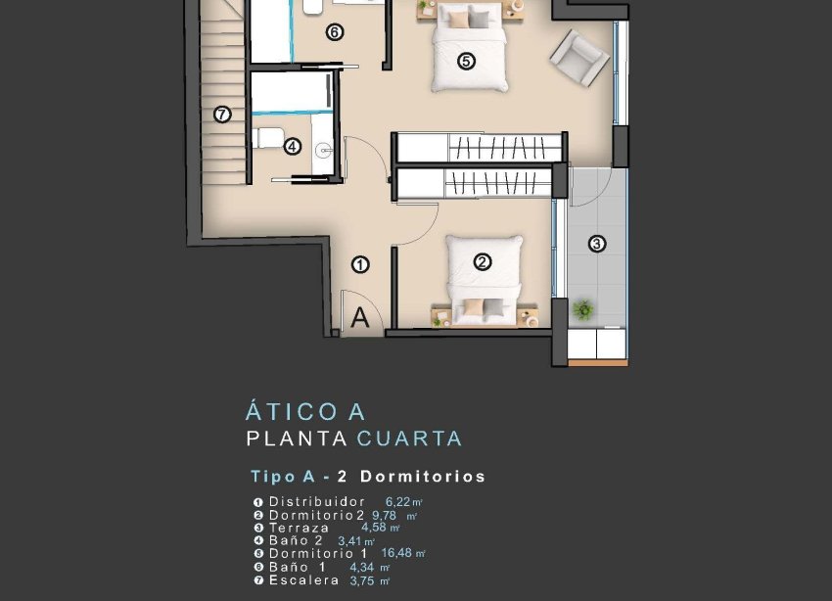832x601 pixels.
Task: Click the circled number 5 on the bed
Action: click(x=466, y=61)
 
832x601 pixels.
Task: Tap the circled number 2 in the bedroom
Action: click(x=482, y=261)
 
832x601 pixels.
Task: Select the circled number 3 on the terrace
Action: click(x=596, y=244)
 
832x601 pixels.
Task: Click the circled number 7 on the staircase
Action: click(x=222, y=115)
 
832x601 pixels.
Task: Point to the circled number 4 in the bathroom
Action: click(x=292, y=147)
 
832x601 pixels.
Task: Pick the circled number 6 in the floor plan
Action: click(x=335, y=32)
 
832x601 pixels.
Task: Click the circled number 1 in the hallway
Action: click(x=360, y=264)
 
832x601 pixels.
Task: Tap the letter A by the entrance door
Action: click(x=359, y=317)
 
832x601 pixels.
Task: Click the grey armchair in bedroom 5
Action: click(x=578, y=56)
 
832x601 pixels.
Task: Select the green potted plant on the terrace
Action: click(x=584, y=310)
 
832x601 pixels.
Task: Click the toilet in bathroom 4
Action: click(x=266, y=137)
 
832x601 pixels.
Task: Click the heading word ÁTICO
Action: click(x=292, y=412)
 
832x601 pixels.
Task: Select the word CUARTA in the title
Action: click(x=409, y=439)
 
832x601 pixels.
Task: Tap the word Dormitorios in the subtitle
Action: click(x=423, y=477)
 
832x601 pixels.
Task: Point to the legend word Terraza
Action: click(x=300, y=528)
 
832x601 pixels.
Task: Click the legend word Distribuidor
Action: click(x=316, y=501)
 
